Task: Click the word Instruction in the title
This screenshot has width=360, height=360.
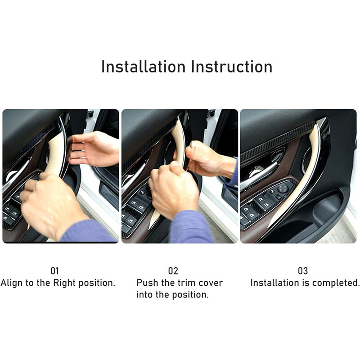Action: click(232, 67)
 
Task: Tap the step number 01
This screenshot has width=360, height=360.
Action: click(54, 271)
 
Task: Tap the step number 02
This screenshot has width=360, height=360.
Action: click(173, 271)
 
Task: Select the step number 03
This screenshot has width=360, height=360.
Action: click(303, 271)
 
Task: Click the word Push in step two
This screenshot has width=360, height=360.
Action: click(147, 283)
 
